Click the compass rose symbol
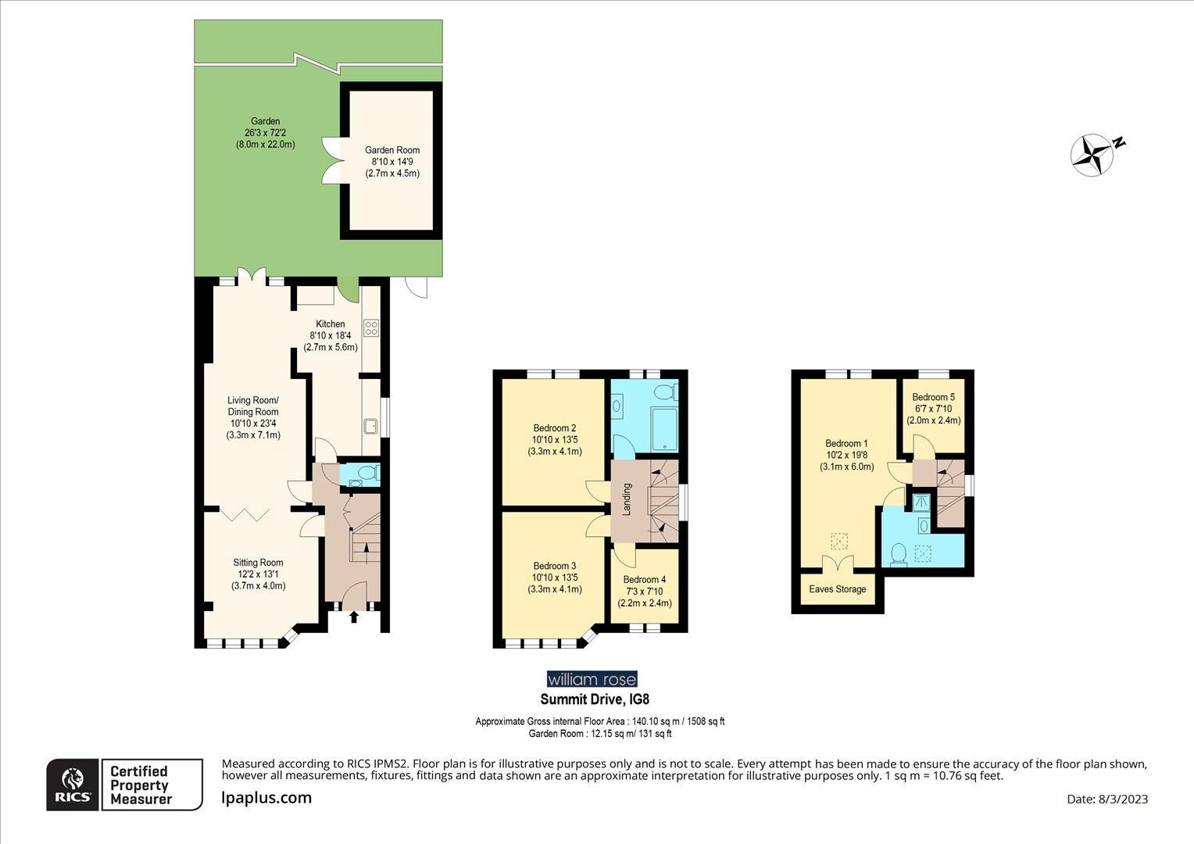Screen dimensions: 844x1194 [x=1092, y=154]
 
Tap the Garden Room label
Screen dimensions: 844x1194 [x=392, y=161]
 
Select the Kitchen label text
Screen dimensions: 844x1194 [x=331, y=324]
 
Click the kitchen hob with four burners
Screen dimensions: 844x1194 [x=371, y=328]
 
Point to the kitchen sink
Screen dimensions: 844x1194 [x=370, y=426]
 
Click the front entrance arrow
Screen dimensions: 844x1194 [x=353, y=617]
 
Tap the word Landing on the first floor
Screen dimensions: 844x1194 [x=627, y=499]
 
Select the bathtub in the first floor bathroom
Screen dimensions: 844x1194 [x=664, y=426]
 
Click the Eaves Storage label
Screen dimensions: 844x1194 [x=838, y=589]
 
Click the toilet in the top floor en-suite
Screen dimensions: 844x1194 [x=898, y=553]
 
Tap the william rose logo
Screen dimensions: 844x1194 [x=592, y=679]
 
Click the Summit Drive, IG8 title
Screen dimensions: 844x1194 [x=595, y=699]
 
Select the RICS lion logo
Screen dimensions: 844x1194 [x=73, y=785]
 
